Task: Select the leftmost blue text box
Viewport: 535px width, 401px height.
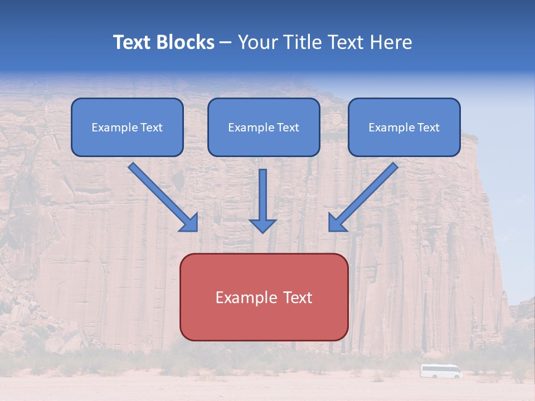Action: pyautogui.click(x=127, y=128)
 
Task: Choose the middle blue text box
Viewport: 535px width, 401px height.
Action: pyautogui.click(x=264, y=128)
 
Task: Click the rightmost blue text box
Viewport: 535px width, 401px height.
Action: pyautogui.click(x=404, y=128)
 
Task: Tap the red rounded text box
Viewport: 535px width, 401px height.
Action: pyautogui.click(x=264, y=297)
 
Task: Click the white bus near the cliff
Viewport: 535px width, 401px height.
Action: pyautogui.click(x=441, y=371)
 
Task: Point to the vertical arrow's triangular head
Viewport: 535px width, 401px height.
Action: pyautogui.click(x=262, y=225)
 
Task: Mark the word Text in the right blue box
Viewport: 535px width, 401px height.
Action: pyautogui.click(x=429, y=128)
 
